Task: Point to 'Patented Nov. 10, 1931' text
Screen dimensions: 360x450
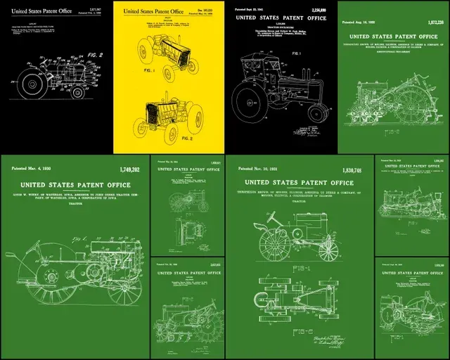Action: tap(257, 169)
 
